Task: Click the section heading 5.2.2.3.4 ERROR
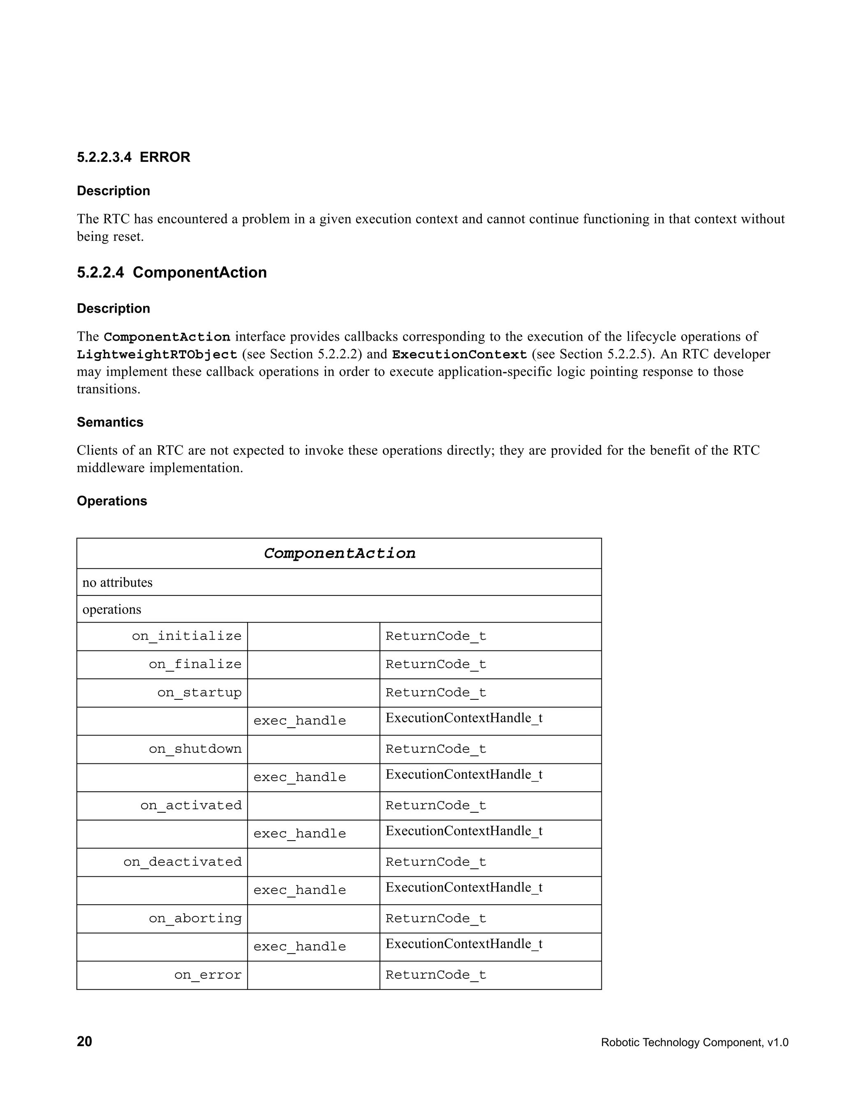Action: click(x=134, y=157)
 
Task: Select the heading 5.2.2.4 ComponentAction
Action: click(x=171, y=272)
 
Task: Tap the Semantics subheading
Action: click(x=110, y=422)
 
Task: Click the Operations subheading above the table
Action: click(x=112, y=501)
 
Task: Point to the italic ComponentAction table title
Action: click(x=339, y=553)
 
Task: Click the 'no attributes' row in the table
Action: click(x=117, y=582)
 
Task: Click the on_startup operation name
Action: click(x=199, y=692)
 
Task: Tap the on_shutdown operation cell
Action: click(x=195, y=749)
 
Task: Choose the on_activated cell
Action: click(x=191, y=806)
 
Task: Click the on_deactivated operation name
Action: click(x=183, y=862)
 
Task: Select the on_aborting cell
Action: click(x=195, y=918)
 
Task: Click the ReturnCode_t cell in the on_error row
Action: click(x=435, y=975)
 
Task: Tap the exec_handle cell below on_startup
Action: click(x=299, y=721)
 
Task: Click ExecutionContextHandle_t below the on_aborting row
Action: click(x=464, y=944)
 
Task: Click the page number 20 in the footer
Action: click(x=84, y=1042)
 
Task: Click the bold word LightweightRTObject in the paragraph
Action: click(x=157, y=355)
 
